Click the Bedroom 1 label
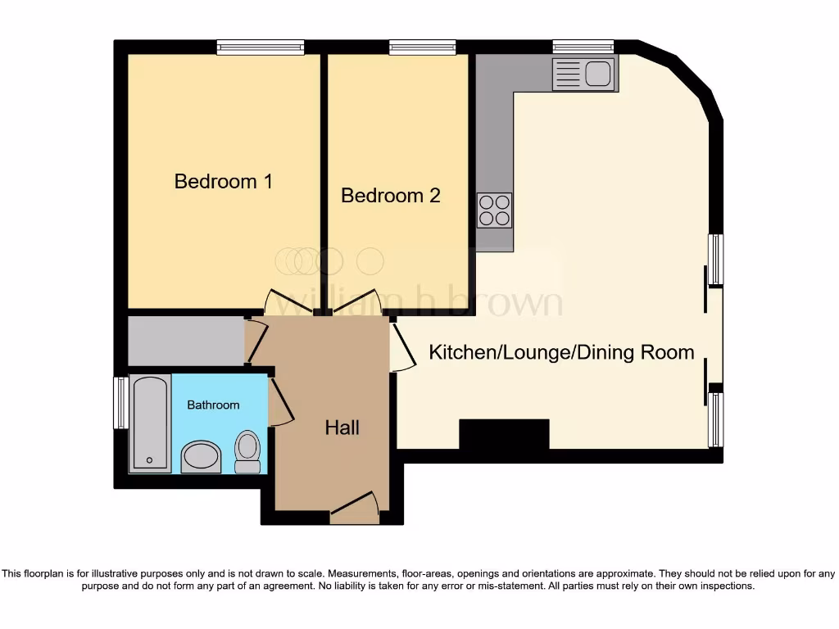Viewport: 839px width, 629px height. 223,181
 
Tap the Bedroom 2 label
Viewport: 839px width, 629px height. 390,196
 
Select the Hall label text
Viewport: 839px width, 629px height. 342,428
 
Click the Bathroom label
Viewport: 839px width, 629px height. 213,405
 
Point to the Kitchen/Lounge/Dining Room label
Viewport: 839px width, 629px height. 561,353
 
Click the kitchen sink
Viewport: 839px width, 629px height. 585,74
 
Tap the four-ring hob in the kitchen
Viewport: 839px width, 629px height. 494,210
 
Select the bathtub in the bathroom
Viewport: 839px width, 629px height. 150,423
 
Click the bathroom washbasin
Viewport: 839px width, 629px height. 202,456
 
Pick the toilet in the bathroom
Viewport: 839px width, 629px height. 247,452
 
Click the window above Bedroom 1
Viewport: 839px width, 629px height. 261,48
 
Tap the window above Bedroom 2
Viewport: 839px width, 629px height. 422,48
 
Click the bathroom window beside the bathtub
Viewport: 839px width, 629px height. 120,402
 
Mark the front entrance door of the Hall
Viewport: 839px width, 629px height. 354,509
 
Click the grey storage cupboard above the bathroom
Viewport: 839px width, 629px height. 186,340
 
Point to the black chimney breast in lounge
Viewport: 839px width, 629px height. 503,434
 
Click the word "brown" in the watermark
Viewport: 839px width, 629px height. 514,302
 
